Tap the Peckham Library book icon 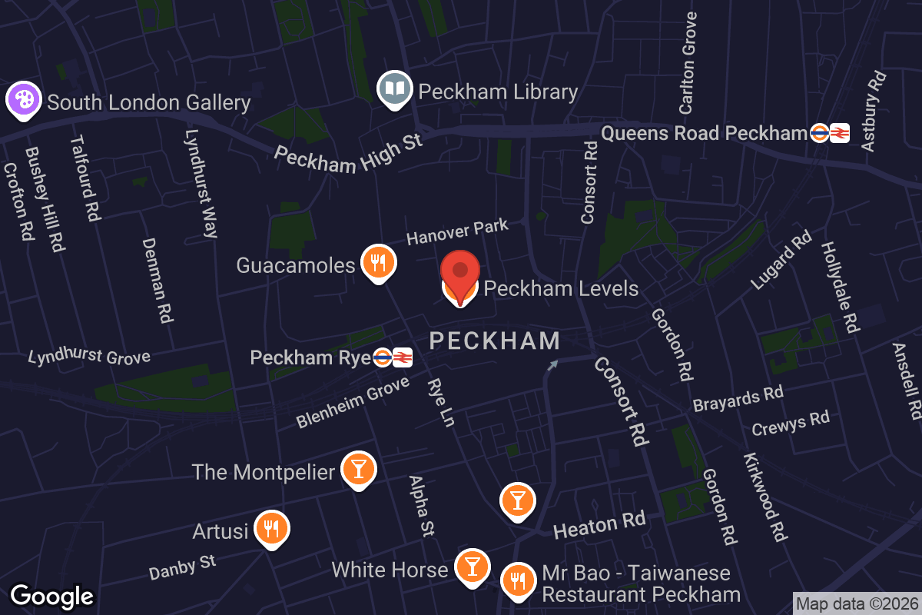pos(395,90)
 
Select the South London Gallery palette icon pos(24,101)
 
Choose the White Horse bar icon pos(473,567)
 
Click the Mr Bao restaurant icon pos(519,579)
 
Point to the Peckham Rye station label pos(310,357)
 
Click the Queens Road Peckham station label pos(704,133)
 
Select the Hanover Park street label pos(457,232)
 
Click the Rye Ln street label pos(441,401)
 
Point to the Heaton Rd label pos(599,526)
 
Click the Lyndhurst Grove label pos(89,357)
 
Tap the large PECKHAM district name pos(494,341)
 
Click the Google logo pos(52,596)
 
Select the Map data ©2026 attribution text pos(857,603)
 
